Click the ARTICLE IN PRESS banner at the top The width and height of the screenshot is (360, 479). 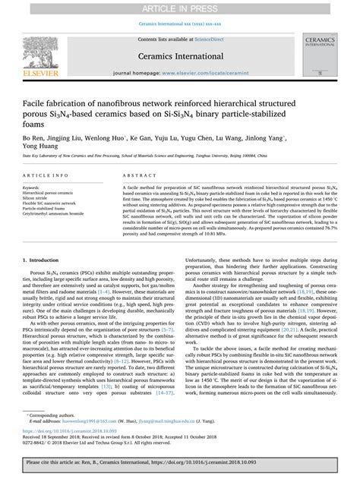180,6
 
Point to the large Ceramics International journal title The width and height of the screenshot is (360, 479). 179,55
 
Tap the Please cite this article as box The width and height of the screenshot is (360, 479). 180,467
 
